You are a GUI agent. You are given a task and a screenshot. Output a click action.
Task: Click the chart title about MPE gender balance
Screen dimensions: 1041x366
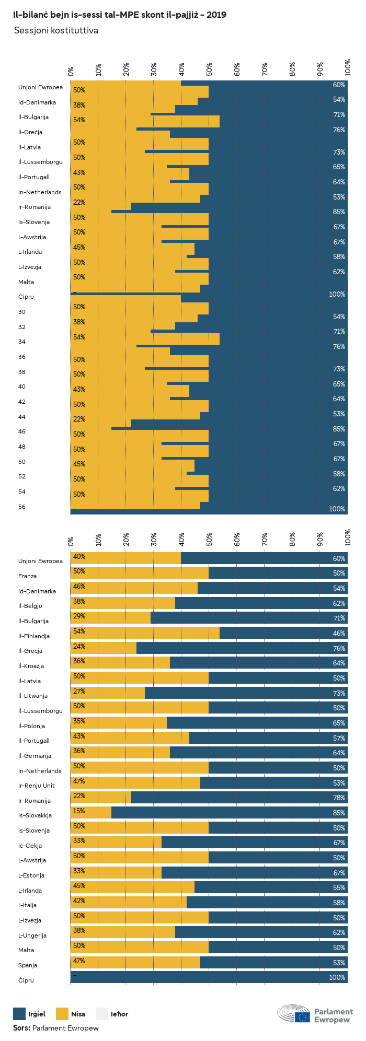pos(120,15)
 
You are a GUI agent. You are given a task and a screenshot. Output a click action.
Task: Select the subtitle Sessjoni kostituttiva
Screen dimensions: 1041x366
pos(56,31)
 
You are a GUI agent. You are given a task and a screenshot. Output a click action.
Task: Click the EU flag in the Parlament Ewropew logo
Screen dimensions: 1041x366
pos(302,1016)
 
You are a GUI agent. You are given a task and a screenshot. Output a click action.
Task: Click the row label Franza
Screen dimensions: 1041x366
pos(27,576)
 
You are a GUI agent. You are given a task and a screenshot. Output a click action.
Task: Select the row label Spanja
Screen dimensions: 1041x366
pos(28,965)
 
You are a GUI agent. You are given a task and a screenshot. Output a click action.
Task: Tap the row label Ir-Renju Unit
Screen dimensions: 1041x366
pos(37,786)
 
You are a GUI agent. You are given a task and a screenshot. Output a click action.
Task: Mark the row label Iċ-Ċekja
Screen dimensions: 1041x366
pos(30,846)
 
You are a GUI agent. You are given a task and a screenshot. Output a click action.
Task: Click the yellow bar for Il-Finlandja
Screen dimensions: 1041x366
pos(145,633)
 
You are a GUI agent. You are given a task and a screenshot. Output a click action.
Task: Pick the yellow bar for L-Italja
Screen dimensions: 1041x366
pos(129,903)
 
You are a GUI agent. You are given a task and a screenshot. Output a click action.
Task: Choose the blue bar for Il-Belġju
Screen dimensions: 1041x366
pos(261,603)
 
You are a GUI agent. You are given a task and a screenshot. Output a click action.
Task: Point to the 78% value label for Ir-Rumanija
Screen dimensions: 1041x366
pos(339,798)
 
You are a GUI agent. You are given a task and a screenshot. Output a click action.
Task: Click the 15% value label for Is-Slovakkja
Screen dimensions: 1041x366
pos(79,811)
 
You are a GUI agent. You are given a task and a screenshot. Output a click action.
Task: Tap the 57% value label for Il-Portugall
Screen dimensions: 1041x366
pos(339,738)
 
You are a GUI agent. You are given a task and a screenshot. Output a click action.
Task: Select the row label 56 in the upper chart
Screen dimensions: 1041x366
pos(22,507)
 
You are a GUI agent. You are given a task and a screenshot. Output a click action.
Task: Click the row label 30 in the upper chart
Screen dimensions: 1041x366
pos(22,312)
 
